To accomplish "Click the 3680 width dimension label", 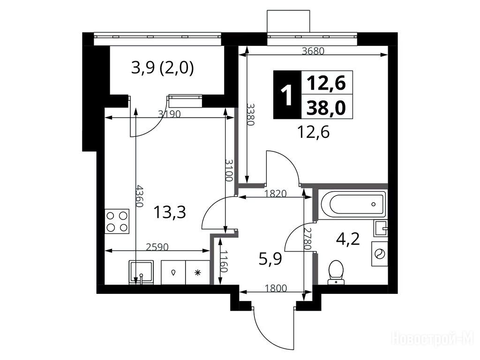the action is point(313,51).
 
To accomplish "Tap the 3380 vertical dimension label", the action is point(251,114).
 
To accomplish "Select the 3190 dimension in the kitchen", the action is point(169,114).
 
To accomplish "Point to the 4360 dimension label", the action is point(140,196).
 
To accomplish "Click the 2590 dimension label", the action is point(157,247).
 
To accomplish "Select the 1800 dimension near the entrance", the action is point(276,288).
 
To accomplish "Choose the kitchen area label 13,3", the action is point(170,212).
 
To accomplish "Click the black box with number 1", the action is point(287,95).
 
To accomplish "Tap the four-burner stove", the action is point(117,221).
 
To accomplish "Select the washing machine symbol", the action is point(380,254).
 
